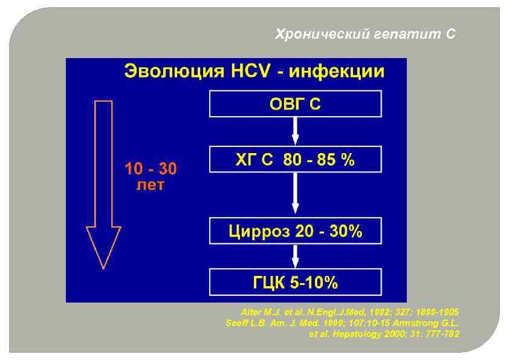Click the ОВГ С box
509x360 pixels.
pyautogui.click(x=295, y=104)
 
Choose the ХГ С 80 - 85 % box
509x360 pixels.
pyautogui.click(x=295, y=160)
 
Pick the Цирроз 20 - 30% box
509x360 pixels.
pyautogui.click(x=295, y=231)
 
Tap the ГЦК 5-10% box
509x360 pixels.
pyautogui.click(x=295, y=282)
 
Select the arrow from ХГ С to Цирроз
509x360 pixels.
pyautogui.click(x=296, y=193)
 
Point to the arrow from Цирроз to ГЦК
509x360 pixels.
pyautogui.click(x=296, y=256)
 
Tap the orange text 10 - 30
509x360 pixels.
pyautogui.click(x=151, y=169)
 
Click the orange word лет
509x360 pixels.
pyautogui.click(x=150, y=186)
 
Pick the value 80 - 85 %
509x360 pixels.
pyautogui.click(x=320, y=160)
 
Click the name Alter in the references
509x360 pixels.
pyautogui.click(x=251, y=312)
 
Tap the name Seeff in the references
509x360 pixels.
pyautogui.click(x=236, y=322)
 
